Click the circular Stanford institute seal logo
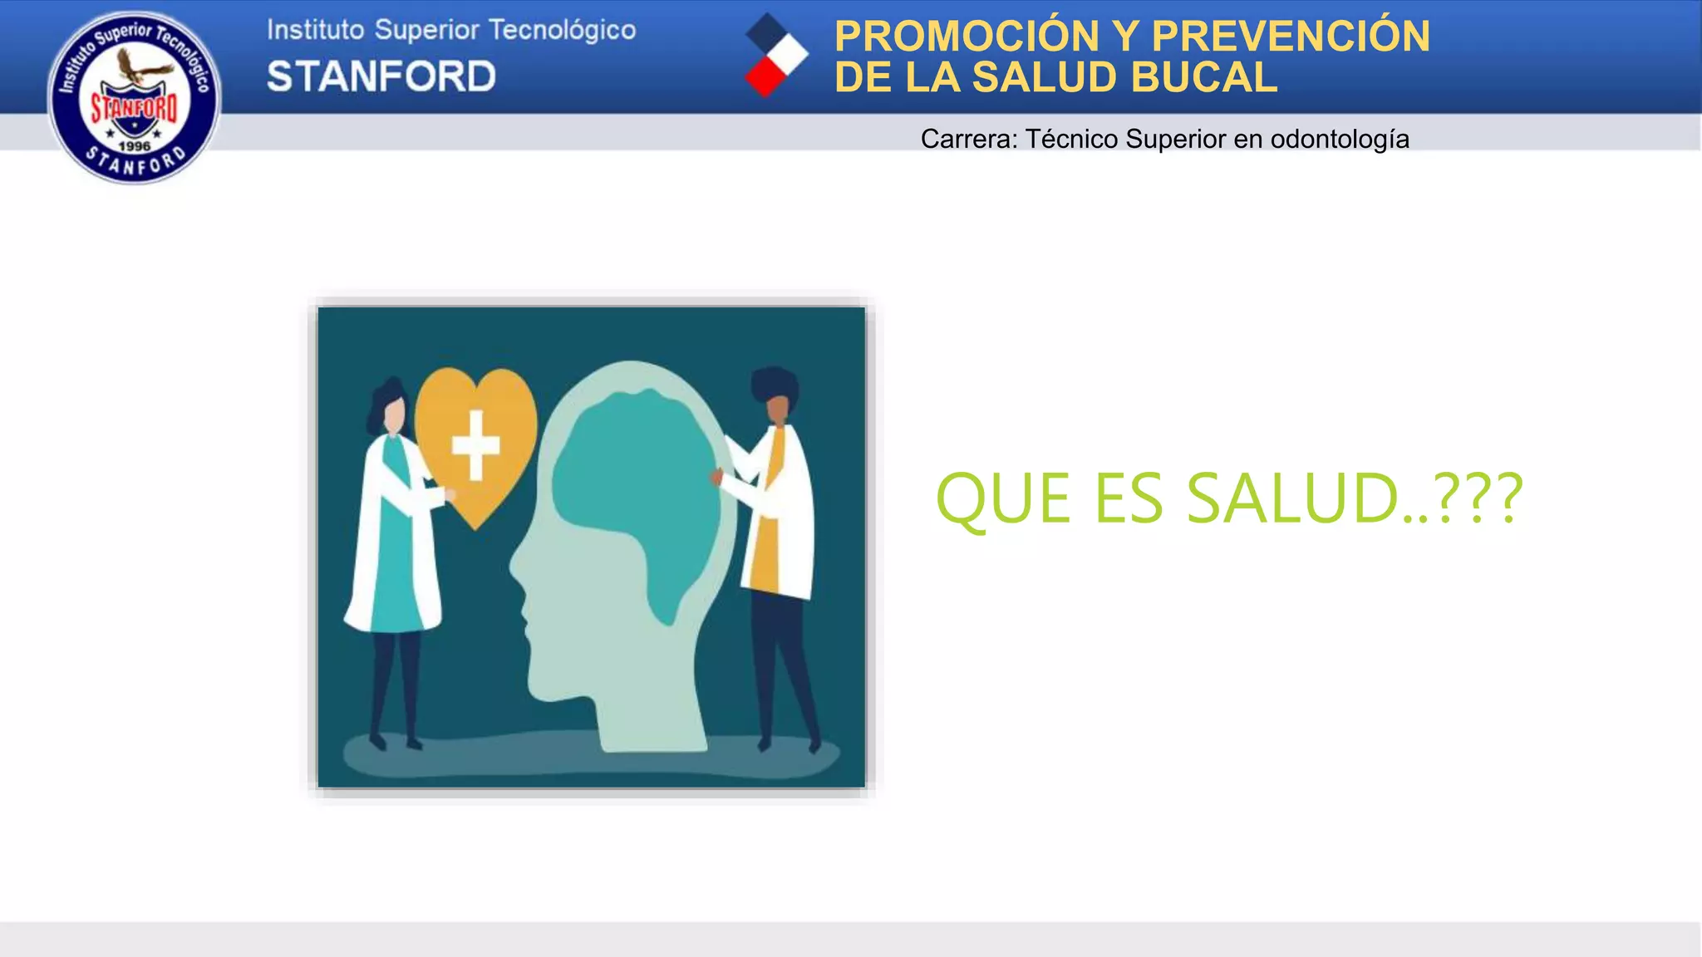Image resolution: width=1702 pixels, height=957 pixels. (134, 97)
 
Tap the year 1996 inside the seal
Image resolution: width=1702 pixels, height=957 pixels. (134, 146)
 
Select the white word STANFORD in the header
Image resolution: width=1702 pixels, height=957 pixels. (381, 76)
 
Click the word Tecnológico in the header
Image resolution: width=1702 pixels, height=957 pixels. (562, 30)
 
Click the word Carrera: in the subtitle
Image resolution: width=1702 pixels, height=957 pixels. (968, 139)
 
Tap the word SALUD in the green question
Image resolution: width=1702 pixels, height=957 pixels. (1292, 498)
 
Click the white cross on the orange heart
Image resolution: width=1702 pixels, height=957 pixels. (475, 445)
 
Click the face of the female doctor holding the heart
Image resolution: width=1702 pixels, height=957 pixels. (393, 414)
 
